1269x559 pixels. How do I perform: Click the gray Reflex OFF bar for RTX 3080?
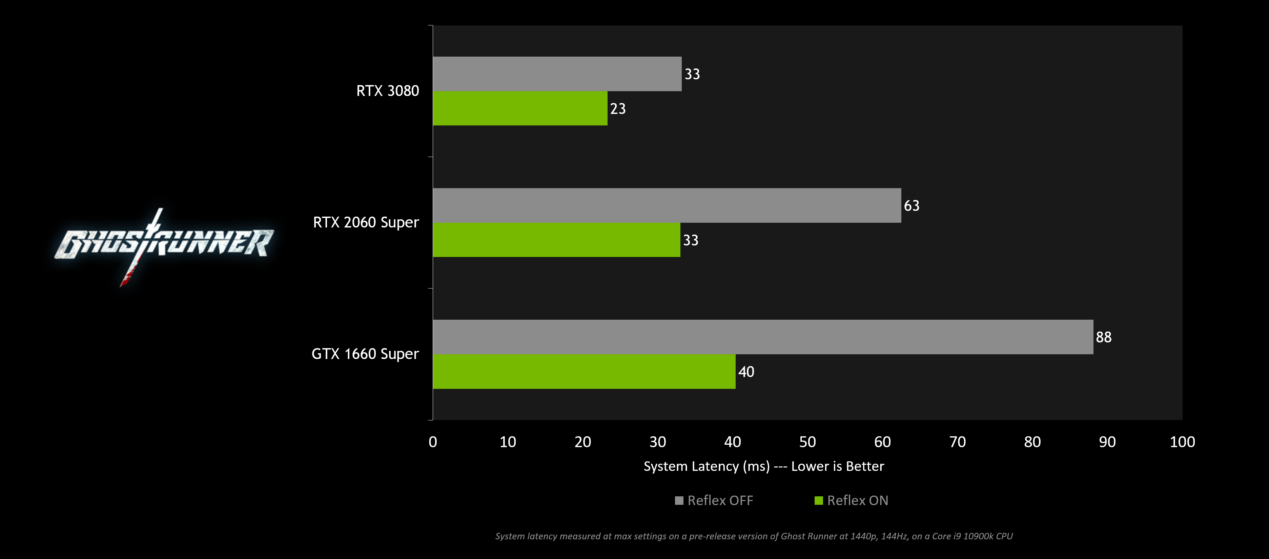pyautogui.click(x=557, y=74)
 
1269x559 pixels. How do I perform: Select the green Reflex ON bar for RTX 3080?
pyautogui.click(x=520, y=108)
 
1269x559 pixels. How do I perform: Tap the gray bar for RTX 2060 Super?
pyautogui.click(x=667, y=205)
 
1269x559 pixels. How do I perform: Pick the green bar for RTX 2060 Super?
pyautogui.click(x=556, y=240)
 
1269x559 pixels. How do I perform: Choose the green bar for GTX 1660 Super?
pyautogui.click(x=584, y=371)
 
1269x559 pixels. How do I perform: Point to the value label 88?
pyautogui.click(x=1104, y=337)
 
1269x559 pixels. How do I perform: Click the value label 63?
pyautogui.click(x=912, y=205)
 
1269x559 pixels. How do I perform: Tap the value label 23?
pyautogui.click(x=618, y=108)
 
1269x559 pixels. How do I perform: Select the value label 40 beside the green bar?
pyautogui.click(x=746, y=372)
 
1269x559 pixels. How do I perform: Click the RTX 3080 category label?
pyautogui.click(x=387, y=91)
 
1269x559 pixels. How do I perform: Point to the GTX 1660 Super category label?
pyautogui.click(x=365, y=354)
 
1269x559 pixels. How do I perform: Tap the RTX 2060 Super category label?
pyautogui.click(x=366, y=222)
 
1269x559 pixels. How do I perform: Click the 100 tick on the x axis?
pyautogui.click(x=1182, y=442)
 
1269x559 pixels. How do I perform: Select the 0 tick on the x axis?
pyautogui.click(x=432, y=442)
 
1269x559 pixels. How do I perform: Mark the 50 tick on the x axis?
pyautogui.click(x=807, y=442)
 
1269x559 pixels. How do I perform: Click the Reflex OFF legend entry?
pyautogui.click(x=714, y=500)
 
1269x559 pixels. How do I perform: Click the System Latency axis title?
pyautogui.click(x=763, y=466)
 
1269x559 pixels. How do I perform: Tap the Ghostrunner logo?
pyautogui.click(x=164, y=244)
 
